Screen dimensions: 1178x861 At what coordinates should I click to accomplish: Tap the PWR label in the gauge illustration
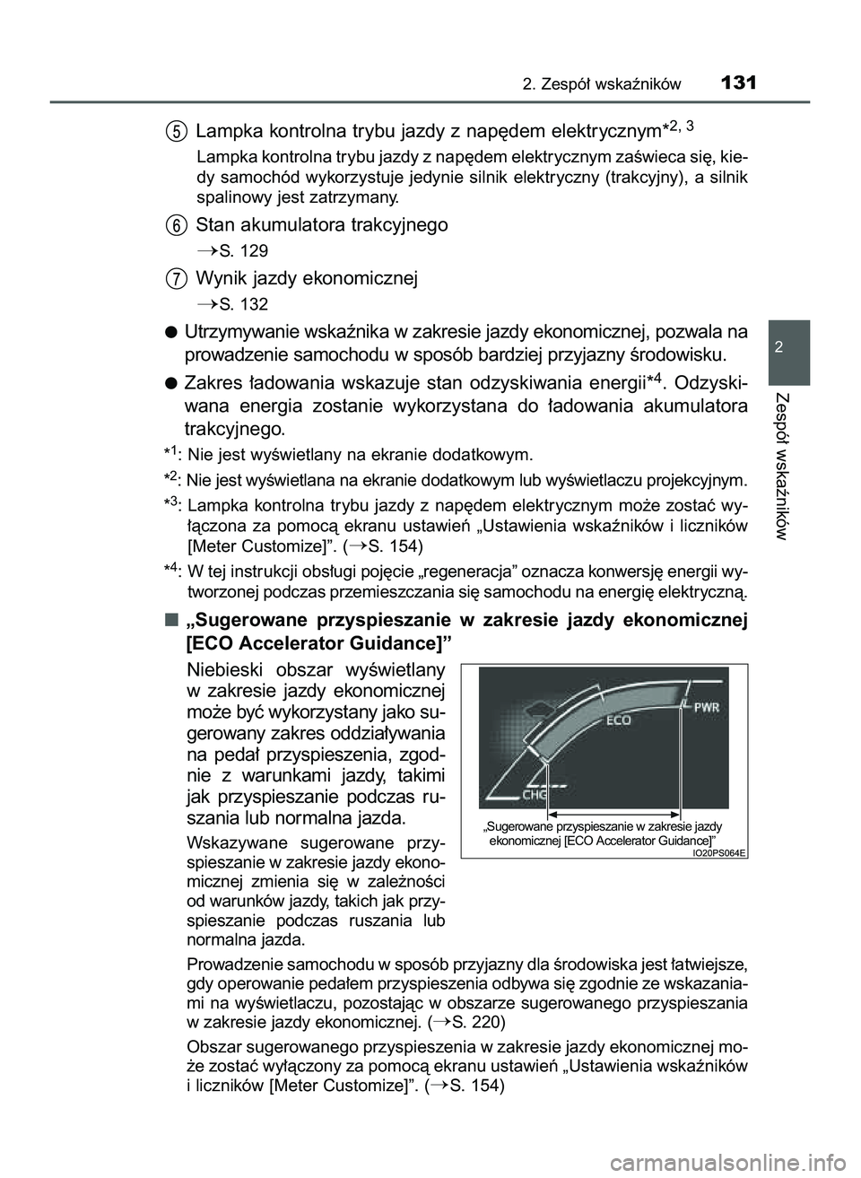707,708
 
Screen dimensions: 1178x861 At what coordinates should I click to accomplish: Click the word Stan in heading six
214,224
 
